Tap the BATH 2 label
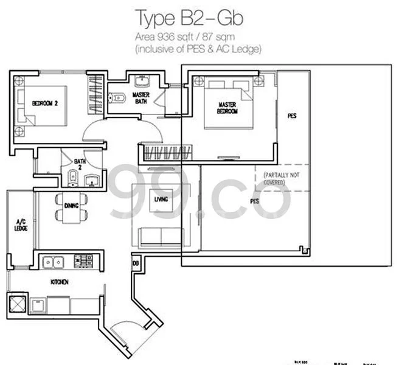80,164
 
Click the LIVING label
161,199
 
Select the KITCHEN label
59,282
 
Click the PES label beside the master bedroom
292,116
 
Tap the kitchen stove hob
82,262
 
